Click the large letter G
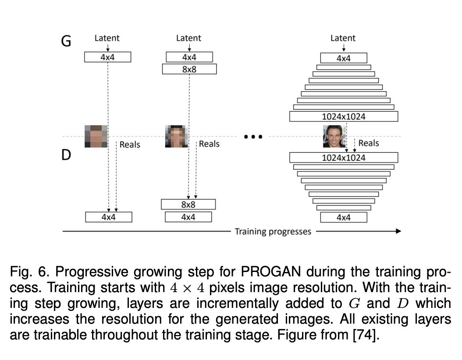point(66,41)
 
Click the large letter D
point(66,155)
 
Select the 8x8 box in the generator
point(189,69)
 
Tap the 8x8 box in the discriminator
point(188,204)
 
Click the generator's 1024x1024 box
point(344,116)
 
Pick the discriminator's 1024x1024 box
point(344,158)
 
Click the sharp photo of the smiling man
point(332,136)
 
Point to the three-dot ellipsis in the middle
point(252,137)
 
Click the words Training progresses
point(273,231)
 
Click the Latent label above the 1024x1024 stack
point(343,38)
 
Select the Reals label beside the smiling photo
point(369,143)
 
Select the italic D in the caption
point(401,304)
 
